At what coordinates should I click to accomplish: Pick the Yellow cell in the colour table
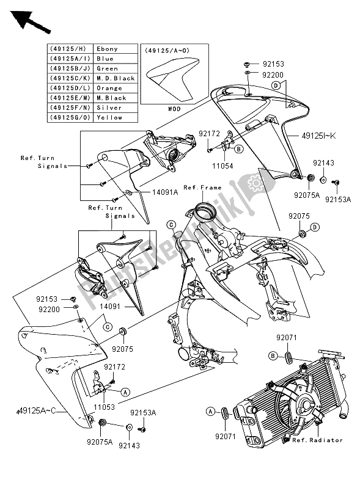tap(108, 117)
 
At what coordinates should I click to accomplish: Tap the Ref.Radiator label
tap(317, 440)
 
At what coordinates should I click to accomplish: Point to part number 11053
tap(106, 404)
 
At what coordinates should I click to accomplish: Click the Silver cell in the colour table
tap(108, 107)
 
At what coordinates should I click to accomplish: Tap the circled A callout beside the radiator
tap(211, 412)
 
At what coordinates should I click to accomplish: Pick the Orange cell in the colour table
tap(108, 88)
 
